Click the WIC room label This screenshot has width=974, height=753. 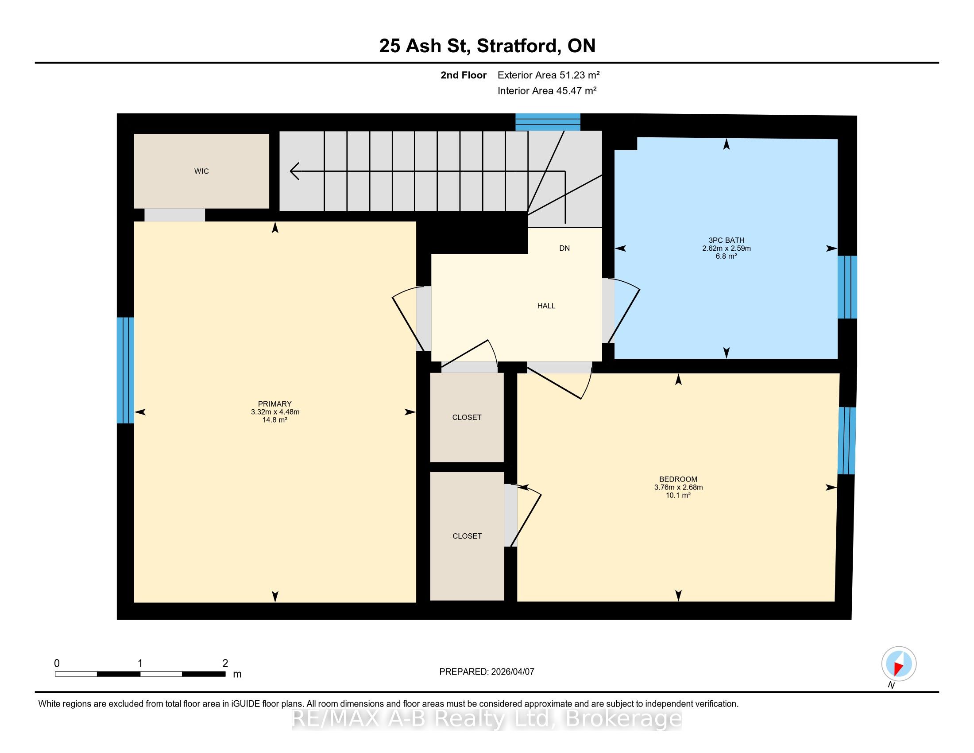pos(201,171)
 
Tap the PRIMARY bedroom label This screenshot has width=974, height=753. pos(275,404)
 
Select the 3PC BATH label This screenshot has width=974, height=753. pos(727,241)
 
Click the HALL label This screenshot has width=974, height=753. pos(546,306)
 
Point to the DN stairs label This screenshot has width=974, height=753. pos(564,248)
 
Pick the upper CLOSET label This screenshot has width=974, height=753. pos(467,418)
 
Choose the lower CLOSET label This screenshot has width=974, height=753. pos(467,536)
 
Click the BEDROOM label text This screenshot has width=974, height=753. pos(678,480)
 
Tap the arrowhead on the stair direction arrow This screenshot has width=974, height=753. pos(294,171)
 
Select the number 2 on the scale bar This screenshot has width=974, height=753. pos(225,664)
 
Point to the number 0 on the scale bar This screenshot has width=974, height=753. pos(57,664)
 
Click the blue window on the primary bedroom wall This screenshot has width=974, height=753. pos(125,370)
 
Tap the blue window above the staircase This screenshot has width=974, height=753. pos(548,122)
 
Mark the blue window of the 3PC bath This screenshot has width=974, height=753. pos(847,287)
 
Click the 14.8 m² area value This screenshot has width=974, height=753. pos(275,420)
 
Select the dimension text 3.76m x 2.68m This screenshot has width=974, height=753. pos(678,488)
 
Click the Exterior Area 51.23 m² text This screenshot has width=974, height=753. pos(549,75)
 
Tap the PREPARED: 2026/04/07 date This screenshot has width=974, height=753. pos(487,672)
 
